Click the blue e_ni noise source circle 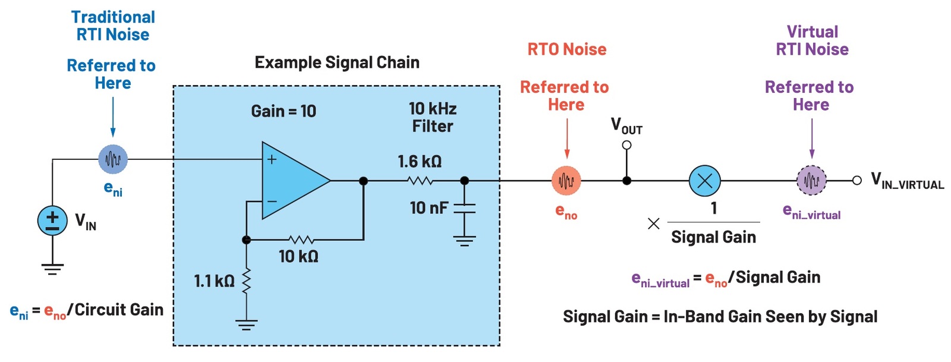coord(113,159)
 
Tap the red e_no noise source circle coord(566,181)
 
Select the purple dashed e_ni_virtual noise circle coord(811,181)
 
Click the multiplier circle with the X coord(705,181)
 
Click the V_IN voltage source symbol coord(52,220)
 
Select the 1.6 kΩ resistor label coord(420,162)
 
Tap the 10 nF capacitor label coord(429,208)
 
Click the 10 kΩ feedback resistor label coord(298,257)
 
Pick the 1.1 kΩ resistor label coord(215,281)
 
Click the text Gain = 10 coord(284,111)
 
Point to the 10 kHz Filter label coord(433,118)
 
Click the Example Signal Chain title coord(337,62)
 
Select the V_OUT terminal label coord(626,126)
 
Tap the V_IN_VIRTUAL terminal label coord(907,181)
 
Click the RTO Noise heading coord(567,49)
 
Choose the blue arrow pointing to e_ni coord(113,117)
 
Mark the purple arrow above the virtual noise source coord(811,138)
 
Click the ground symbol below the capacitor coord(464,240)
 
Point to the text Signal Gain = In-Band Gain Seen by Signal coord(720,317)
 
